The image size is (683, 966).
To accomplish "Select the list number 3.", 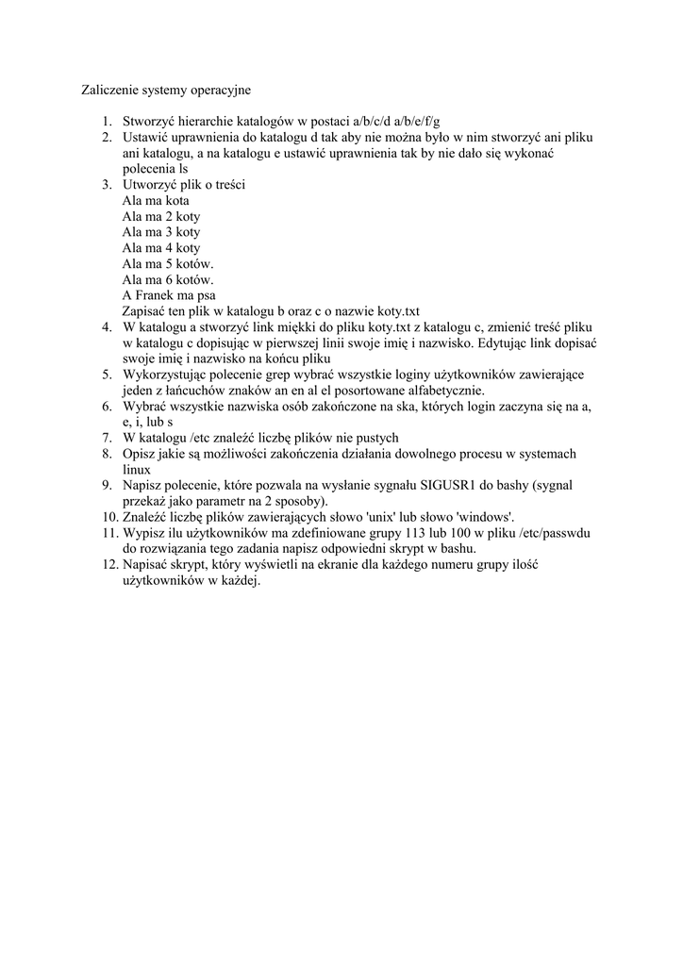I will coord(108,185).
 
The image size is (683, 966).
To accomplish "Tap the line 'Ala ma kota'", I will coord(156,201).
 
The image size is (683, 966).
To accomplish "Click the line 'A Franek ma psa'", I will coord(169,295).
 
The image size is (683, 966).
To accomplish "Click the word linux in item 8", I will coord(137,469).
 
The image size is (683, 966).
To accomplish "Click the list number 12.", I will coord(107,564).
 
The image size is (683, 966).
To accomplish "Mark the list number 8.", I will coord(108,454).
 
